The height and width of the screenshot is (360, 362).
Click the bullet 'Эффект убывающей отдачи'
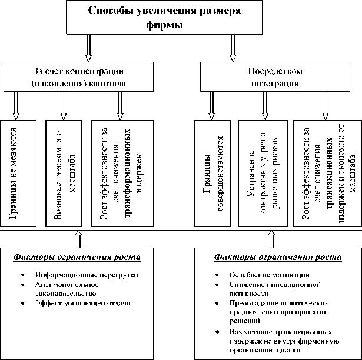coord(82,303)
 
